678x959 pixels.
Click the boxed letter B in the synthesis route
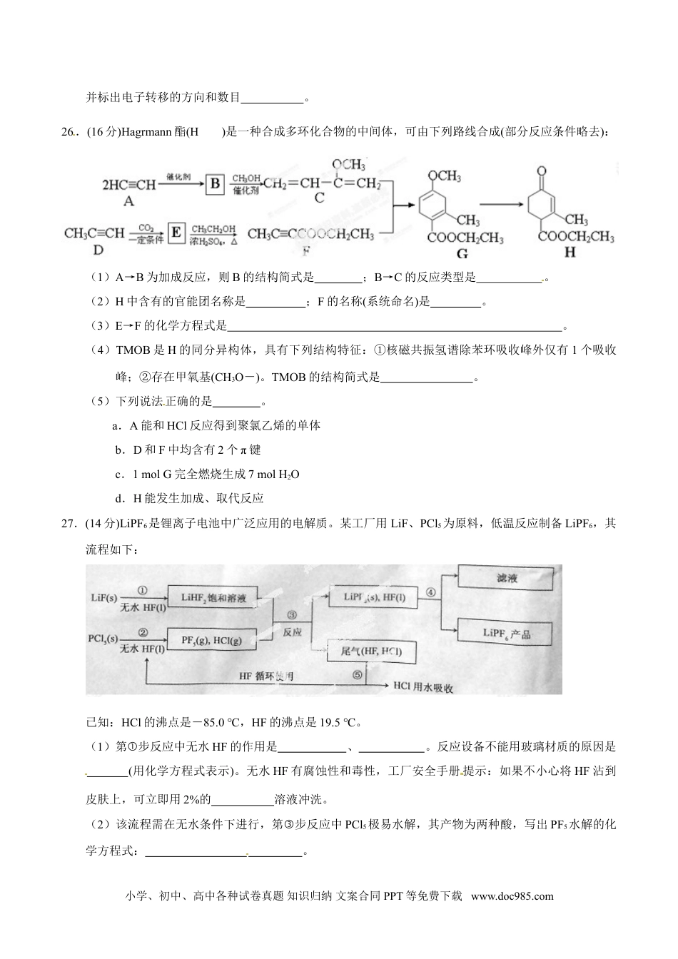(x=215, y=185)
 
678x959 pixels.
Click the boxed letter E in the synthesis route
(x=177, y=233)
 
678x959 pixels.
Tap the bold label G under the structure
(x=462, y=253)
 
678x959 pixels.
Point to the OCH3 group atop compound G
(x=444, y=176)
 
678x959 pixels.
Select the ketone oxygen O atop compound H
(x=542, y=171)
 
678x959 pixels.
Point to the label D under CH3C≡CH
(x=98, y=249)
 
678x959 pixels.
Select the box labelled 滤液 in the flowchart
(x=507, y=579)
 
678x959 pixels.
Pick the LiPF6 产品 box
(x=507, y=633)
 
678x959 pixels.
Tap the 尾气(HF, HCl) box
(x=373, y=651)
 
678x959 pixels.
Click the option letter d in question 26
(x=118, y=499)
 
